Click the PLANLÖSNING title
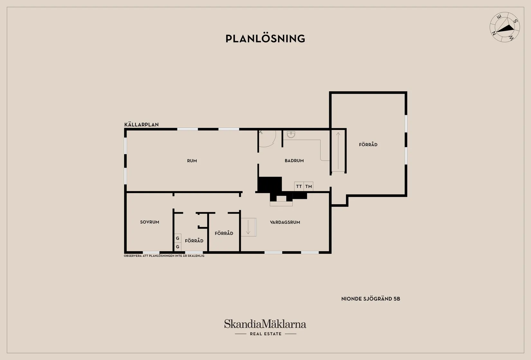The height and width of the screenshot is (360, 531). point(265,39)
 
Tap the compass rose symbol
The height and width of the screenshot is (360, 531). point(505,27)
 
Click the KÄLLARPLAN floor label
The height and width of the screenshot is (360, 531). point(141,125)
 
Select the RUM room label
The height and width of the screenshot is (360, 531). point(192,161)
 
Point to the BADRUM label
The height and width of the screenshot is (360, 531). point(294,161)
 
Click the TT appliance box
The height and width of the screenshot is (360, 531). point(299,186)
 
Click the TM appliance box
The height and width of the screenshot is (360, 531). point(309,186)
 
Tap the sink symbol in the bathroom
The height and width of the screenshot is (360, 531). point(291,134)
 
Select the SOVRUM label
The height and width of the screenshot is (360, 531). point(150,222)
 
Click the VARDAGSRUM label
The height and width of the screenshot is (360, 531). point(285,222)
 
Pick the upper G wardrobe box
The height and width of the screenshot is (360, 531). point(177,238)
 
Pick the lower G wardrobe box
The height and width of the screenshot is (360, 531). point(177,247)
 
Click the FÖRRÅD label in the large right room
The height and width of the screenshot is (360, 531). point(368,145)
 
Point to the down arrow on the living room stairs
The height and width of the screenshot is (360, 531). point(248,227)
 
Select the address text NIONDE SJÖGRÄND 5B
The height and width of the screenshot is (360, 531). point(370,299)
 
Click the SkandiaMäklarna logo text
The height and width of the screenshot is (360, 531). point(265,324)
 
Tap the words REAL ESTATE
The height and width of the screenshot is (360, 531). point(265,334)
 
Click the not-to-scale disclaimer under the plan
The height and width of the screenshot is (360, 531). point(164,256)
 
